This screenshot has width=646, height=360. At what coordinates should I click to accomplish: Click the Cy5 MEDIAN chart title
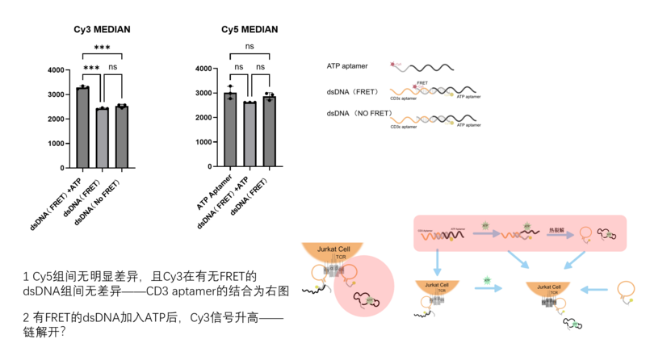point(250,30)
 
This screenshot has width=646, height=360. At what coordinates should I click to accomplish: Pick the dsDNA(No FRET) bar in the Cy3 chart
point(121,137)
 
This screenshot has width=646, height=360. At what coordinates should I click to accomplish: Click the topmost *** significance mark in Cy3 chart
point(102,48)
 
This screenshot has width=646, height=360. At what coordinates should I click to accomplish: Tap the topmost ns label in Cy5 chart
point(250,48)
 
